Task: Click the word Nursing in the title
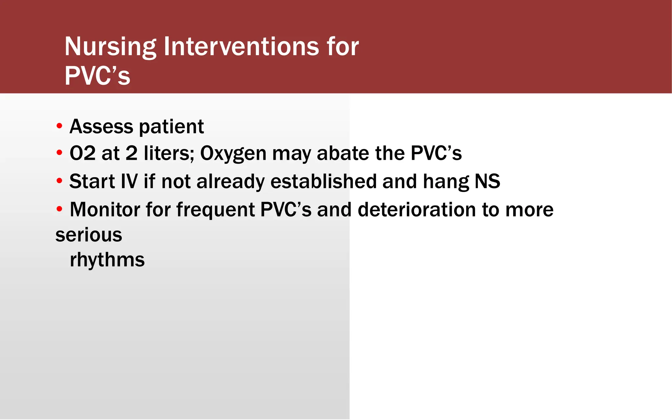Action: [110, 47]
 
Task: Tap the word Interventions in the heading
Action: [241, 46]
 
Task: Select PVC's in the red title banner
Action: [97, 76]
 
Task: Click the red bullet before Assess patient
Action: [59, 126]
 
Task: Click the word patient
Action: [171, 127]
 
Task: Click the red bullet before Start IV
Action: [59, 181]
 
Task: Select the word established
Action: [323, 181]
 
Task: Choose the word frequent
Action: [215, 210]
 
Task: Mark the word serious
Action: [89, 235]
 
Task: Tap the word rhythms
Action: [107, 260]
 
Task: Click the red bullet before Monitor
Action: [59, 209]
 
